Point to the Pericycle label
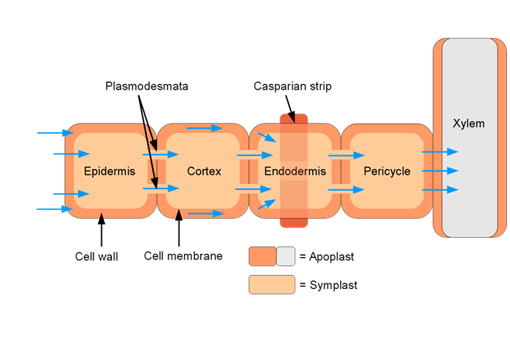[386, 172]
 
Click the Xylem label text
[469, 124]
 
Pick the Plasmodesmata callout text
[147, 87]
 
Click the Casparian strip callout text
[292, 87]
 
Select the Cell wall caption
[97, 256]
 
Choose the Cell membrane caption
[183, 256]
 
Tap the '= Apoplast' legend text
[327, 256]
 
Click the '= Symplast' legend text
[328, 285]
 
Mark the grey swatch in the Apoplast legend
[286, 256]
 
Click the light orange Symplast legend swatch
[271, 285]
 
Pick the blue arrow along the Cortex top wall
[203, 127]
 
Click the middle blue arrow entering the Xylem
[440, 171]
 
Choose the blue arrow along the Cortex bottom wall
[205, 213]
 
